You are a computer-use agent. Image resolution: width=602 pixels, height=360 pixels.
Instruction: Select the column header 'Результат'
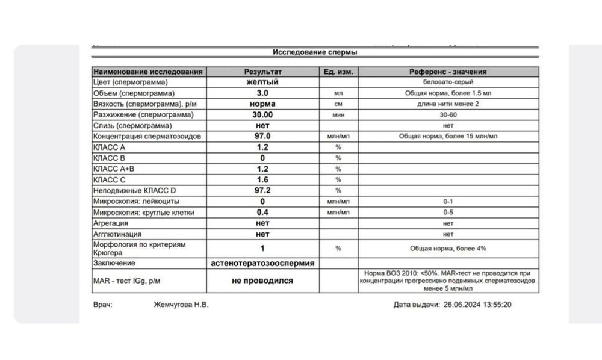[262, 72]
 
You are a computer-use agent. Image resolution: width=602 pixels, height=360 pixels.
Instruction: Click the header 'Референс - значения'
[448, 72]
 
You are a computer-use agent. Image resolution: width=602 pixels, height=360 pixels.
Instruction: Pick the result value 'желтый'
[262, 82]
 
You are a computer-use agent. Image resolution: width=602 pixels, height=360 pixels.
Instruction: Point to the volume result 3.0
[262, 93]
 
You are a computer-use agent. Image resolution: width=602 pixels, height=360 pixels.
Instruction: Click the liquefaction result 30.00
[262, 114]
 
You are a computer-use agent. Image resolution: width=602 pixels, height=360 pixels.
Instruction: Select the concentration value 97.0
[262, 137]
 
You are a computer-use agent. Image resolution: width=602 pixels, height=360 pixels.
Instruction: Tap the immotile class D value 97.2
[262, 190]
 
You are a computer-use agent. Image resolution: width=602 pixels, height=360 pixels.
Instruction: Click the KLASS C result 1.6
[262, 179]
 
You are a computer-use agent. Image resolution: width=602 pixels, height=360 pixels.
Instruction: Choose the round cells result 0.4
[262, 213]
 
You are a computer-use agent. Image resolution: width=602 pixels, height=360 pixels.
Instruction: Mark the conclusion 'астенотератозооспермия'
[262, 263]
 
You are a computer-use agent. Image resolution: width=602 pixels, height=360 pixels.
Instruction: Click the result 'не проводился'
[262, 281]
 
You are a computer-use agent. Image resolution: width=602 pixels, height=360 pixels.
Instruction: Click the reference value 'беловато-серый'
[448, 82]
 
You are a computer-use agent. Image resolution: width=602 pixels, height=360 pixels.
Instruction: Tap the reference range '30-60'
[448, 114]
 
